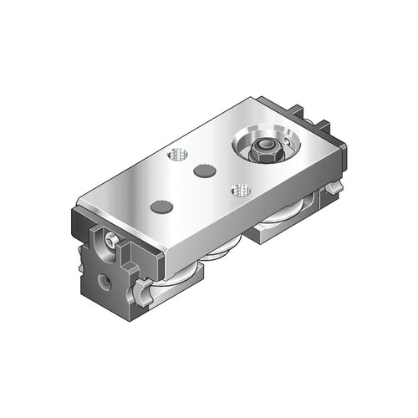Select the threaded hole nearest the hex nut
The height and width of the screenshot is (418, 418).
pos(242,190)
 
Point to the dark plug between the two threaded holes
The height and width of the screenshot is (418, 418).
pos(202,171)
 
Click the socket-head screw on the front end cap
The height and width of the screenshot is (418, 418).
pos(113,242)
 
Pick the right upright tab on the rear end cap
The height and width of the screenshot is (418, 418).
pos(322,127)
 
